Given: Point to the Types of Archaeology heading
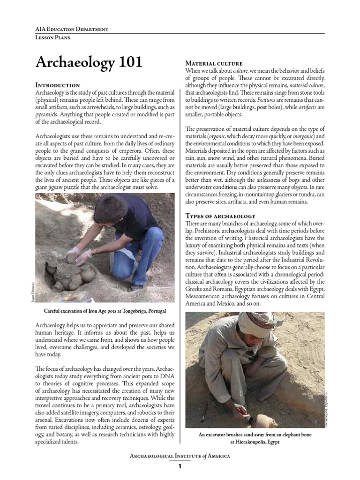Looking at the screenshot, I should point(220,216).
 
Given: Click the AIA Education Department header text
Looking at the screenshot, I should point(72,29).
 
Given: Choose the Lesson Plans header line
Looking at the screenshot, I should point(53,38).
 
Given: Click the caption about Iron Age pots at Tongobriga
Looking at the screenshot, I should point(105,311).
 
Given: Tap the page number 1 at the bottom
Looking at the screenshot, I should point(180,466).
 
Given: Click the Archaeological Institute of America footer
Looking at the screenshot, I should point(180,456).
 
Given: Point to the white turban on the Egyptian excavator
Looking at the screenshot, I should point(257,323).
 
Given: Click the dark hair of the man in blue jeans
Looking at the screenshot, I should point(111,208).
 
